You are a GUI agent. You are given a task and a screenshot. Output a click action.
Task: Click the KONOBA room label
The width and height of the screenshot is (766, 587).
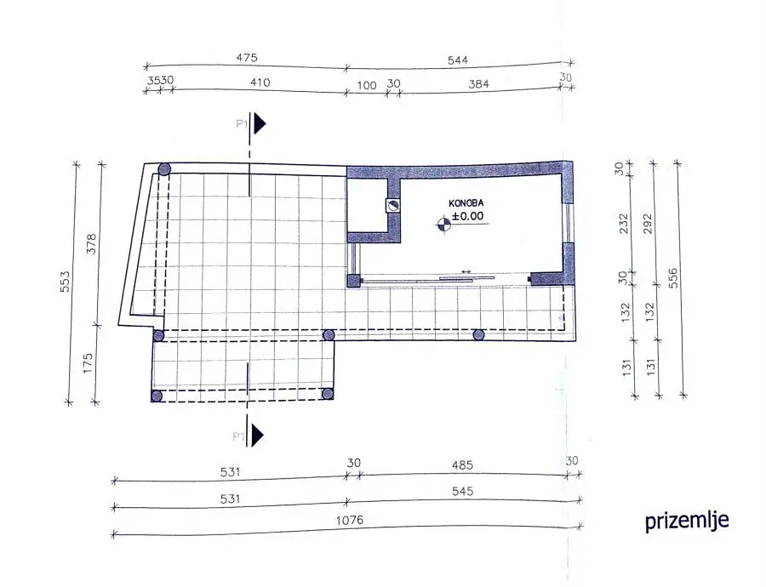pyautogui.click(x=466, y=203)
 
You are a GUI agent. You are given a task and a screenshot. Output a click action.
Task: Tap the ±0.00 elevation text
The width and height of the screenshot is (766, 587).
pyautogui.click(x=468, y=216)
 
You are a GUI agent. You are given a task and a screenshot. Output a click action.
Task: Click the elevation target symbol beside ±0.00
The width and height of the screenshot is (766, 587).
pyautogui.click(x=443, y=224)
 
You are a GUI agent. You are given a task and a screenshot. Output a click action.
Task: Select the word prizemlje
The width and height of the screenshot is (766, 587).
pyautogui.click(x=686, y=521)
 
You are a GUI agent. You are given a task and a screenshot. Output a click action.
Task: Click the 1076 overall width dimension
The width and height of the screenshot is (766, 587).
pyautogui.click(x=350, y=520)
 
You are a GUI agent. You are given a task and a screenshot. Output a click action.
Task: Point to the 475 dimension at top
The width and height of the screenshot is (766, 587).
pyautogui.click(x=247, y=58)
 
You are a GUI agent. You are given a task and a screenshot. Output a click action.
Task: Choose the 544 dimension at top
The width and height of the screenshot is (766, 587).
pyautogui.click(x=458, y=60)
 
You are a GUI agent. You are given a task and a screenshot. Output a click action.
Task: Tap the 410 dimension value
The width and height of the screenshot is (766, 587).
pyautogui.click(x=260, y=83)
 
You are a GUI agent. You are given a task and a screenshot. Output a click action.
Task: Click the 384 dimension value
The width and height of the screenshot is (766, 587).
pyautogui.click(x=478, y=84)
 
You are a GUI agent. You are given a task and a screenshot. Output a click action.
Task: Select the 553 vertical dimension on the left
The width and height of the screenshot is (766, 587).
pyautogui.click(x=65, y=282)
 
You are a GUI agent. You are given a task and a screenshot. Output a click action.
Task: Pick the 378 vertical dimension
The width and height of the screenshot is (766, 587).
pyautogui.click(x=91, y=244)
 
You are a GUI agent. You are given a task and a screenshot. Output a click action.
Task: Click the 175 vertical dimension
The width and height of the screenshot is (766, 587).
pyautogui.click(x=87, y=363)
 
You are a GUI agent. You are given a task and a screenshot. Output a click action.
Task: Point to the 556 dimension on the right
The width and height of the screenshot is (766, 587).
pyautogui.click(x=672, y=278)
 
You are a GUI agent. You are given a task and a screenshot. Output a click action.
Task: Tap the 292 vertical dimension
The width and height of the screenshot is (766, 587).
pyautogui.click(x=648, y=224)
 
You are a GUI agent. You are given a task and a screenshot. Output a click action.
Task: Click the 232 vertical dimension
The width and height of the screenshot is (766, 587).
pyautogui.click(x=624, y=223)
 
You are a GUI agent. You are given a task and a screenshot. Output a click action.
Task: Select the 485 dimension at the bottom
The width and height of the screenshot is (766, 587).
pyautogui.click(x=462, y=464)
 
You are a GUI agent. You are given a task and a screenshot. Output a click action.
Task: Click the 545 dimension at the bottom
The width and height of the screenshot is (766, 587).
pyautogui.click(x=462, y=491)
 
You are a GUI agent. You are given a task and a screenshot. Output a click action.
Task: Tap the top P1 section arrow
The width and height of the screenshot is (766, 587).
pyautogui.click(x=259, y=123)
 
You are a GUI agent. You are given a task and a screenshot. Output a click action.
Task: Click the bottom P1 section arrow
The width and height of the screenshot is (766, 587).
pyautogui.click(x=257, y=435)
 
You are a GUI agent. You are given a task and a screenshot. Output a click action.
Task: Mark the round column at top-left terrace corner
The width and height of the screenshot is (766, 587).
pyautogui.click(x=164, y=170)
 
